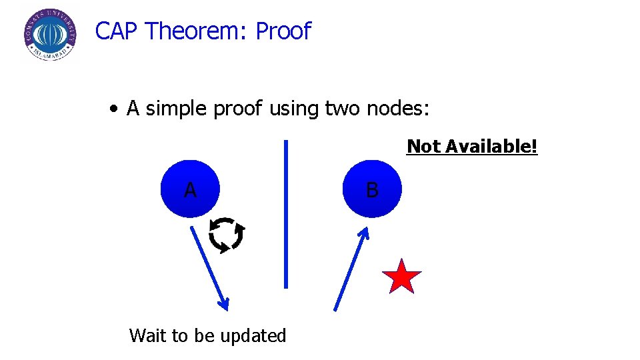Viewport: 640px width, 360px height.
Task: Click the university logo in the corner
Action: click(x=49, y=35)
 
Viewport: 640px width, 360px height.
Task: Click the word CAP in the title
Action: click(x=117, y=31)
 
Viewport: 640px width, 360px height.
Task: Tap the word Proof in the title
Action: click(x=283, y=31)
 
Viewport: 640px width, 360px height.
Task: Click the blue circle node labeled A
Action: click(x=191, y=189)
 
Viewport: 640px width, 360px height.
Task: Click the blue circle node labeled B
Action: click(x=372, y=189)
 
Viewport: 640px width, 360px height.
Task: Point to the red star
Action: click(x=402, y=277)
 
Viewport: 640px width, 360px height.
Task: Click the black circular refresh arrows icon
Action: click(x=227, y=235)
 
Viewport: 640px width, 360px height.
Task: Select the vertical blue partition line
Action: click(x=286, y=213)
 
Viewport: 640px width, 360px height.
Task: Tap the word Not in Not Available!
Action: click(x=424, y=147)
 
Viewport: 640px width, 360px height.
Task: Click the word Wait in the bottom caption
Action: click(x=148, y=335)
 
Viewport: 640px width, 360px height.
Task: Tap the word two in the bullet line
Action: click(x=343, y=108)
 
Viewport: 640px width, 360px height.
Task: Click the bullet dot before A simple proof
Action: click(x=115, y=109)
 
